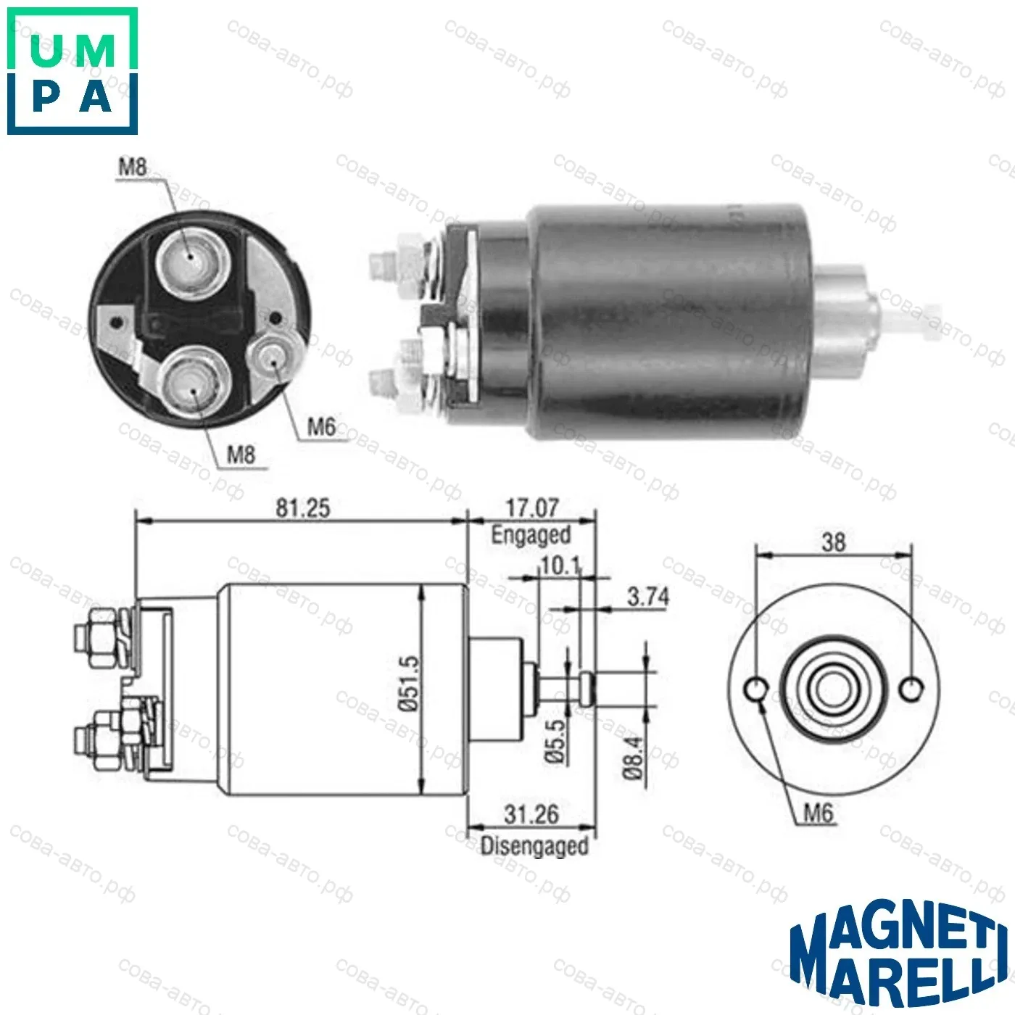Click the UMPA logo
click(x=72, y=71)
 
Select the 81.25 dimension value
click(x=303, y=508)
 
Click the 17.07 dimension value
click(x=532, y=508)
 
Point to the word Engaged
click(x=531, y=535)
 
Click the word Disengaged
click(x=534, y=846)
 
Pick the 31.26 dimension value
click(x=531, y=814)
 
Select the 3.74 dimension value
click(x=648, y=597)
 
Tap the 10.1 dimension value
click(x=560, y=566)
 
